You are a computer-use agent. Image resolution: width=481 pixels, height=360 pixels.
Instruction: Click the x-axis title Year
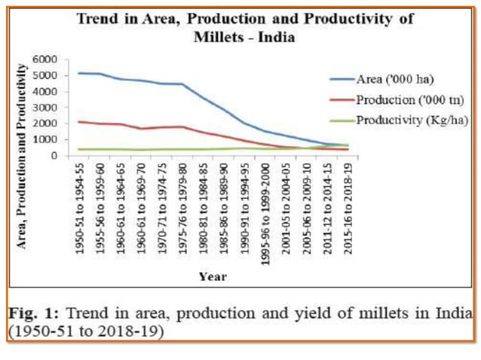(x=213, y=276)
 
